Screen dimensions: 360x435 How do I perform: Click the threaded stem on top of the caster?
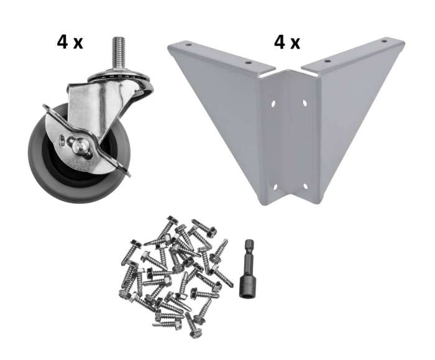(119, 52)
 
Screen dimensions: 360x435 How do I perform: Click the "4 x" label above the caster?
(70, 42)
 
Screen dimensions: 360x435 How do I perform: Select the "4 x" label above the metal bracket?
(287, 42)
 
